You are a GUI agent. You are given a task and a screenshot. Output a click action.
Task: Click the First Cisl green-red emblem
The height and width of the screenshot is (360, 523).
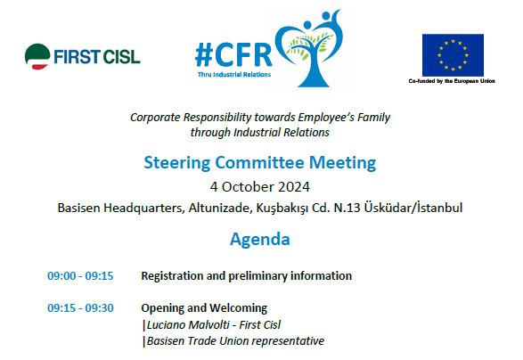[37, 56]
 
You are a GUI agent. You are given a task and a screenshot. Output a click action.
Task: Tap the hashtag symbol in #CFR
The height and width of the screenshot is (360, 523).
[204, 55]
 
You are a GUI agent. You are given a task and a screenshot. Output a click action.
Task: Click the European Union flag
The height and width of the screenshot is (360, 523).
[453, 55]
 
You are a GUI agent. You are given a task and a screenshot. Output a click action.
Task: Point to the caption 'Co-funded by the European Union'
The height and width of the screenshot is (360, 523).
[452, 81]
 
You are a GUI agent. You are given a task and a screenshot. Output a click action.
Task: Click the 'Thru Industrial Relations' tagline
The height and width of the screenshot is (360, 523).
[234, 74]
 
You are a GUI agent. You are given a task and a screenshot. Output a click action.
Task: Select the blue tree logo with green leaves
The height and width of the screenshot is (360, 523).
[309, 48]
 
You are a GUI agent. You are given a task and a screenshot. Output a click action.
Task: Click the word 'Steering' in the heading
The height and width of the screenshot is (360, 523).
[176, 163]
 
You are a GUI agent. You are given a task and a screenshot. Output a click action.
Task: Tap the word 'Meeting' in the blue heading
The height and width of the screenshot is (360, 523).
[342, 163]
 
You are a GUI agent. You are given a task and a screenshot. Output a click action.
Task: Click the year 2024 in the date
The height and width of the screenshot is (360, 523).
[293, 187]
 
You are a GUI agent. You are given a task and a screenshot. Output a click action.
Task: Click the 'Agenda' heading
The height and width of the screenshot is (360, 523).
[260, 239]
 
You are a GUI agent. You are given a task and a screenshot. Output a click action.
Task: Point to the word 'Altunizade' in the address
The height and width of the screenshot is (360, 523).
[220, 208]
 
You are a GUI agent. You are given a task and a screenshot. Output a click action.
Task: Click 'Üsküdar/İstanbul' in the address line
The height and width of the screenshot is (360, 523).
[413, 208]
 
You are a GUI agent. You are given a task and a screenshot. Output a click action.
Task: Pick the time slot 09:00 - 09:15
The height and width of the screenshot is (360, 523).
[80, 276]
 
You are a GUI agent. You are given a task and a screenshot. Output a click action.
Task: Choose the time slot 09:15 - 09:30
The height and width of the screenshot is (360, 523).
[80, 308]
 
